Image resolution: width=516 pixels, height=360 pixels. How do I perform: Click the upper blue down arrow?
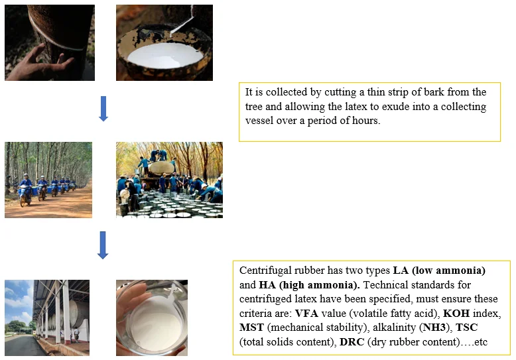tap(103, 109)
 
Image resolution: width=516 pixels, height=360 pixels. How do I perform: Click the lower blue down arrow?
tap(103, 245)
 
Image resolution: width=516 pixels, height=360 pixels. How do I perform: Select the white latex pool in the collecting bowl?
tap(165, 56)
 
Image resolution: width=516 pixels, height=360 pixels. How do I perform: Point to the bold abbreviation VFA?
tap(306, 314)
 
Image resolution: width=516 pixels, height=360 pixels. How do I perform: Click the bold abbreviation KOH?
tap(456, 314)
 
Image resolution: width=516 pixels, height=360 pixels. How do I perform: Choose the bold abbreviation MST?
tap(252, 328)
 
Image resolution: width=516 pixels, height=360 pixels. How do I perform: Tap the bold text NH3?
tap(436, 328)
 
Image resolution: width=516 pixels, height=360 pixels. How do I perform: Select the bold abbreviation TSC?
tap(467, 328)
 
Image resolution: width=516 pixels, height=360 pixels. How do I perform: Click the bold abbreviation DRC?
tap(352, 342)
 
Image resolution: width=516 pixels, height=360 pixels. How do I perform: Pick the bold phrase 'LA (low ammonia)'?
tap(439, 270)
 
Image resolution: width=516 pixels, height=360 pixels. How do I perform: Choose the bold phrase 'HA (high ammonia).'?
tap(309, 285)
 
